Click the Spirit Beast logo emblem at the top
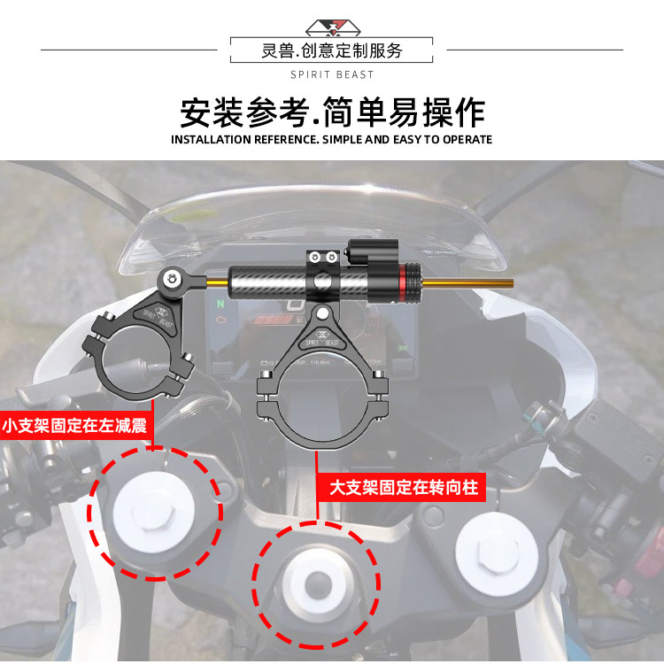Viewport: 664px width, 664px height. tap(333, 27)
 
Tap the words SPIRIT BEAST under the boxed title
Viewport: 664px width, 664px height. tap(332, 75)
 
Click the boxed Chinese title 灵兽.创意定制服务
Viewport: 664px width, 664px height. tap(332, 50)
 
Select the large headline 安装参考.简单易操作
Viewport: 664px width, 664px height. tap(332, 112)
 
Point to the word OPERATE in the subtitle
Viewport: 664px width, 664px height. tap(467, 140)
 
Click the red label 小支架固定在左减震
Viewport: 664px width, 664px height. tap(75, 425)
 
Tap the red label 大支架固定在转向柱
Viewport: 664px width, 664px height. tap(404, 488)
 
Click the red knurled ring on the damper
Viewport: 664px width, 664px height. tap(411, 282)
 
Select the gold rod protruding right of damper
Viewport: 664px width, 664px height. tap(468, 283)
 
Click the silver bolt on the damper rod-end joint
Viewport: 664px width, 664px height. tap(172, 279)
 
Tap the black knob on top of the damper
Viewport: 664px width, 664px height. tap(372, 251)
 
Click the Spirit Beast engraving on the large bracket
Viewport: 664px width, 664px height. tap(322, 339)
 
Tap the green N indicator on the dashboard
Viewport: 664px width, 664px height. tap(220, 304)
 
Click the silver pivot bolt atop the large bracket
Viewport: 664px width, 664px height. tap(322, 313)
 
